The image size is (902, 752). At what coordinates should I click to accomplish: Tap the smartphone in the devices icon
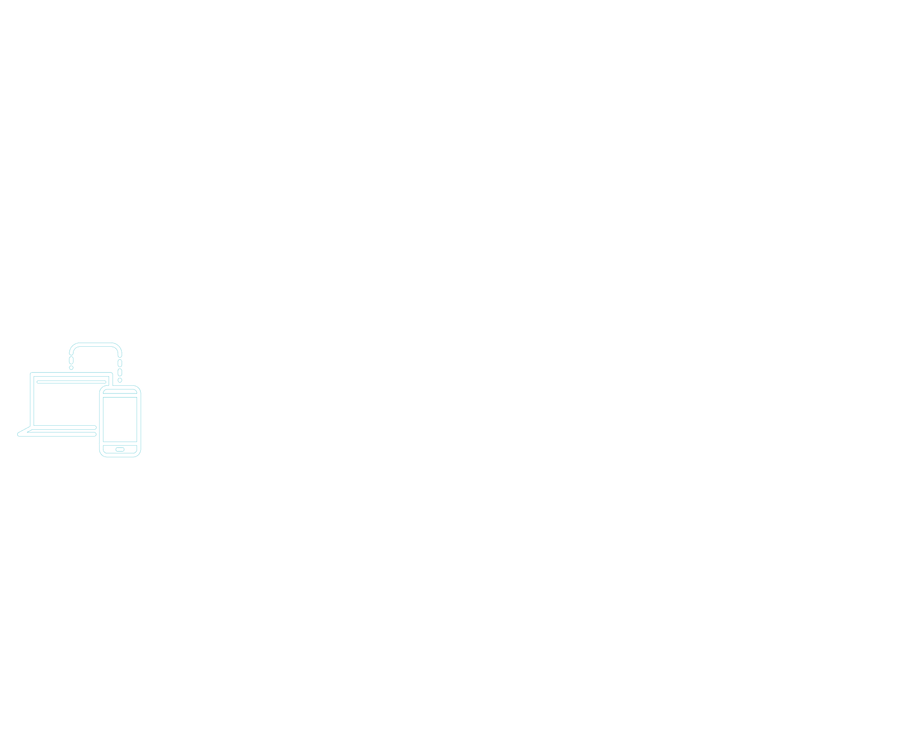pyautogui.click(x=120, y=421)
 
